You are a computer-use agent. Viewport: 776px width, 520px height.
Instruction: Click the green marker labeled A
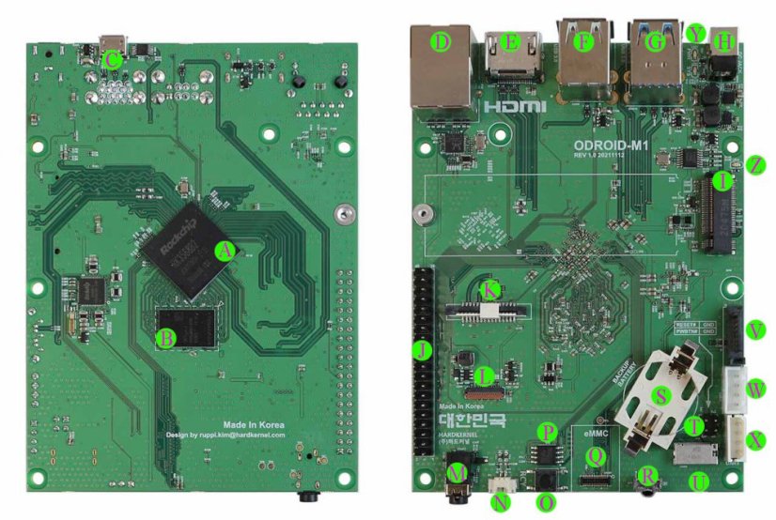pos(224,251)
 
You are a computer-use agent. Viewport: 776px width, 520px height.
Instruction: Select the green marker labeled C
pos(111,60)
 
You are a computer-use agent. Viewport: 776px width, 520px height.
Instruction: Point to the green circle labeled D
pos(439,41)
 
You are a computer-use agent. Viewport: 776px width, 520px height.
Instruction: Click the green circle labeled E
pos(510,41)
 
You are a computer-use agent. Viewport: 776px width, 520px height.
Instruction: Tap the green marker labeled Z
pos(757,164)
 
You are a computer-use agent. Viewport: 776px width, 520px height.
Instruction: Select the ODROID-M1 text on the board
pos(617,144)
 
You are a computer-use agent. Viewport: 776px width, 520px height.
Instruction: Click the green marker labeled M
pos(458,473)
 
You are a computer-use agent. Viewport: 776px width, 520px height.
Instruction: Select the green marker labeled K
pos(489,289)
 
